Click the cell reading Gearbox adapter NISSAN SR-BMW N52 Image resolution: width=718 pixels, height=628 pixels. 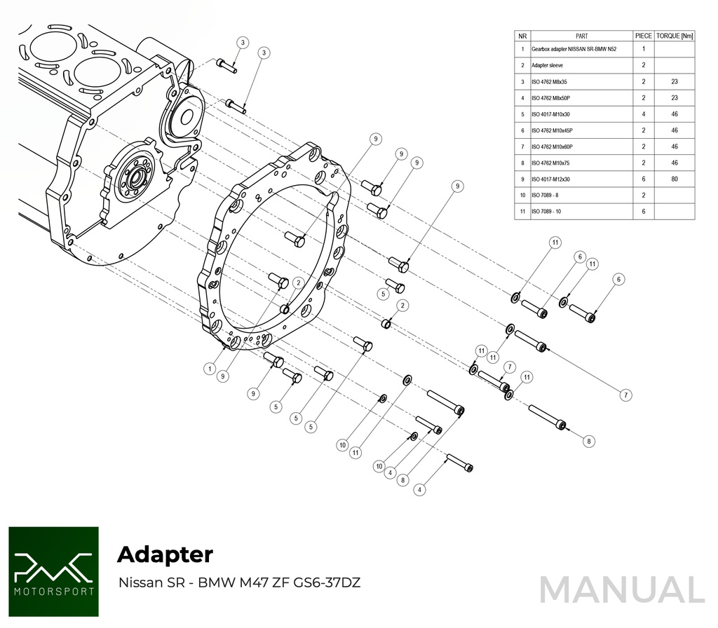(x=574, y=50)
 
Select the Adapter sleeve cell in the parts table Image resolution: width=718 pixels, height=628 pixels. (x=547, y=65)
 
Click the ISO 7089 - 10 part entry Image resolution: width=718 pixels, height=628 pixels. (x=547, y=211)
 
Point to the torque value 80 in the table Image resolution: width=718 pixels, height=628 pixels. (x=674, y=179)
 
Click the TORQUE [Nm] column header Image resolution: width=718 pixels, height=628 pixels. (x=674, y=36)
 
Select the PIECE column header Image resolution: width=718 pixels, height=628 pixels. (x=643, y=36)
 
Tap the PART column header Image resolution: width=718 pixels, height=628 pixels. (x=581, y=36)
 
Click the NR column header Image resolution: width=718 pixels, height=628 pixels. (x=522, y=36)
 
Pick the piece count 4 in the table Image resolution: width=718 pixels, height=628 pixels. (x=643, y=114)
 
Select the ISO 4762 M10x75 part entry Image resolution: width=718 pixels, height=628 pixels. (x=551, y=163)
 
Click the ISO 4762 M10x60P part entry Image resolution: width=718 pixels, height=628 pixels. (x=553, y=146)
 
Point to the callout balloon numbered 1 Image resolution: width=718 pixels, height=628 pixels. (x=209, y=367)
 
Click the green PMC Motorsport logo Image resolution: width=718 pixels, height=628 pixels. (x=53, y=571)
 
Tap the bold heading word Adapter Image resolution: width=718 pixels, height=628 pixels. (x=165, y=554)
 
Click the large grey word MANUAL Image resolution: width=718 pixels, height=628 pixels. (x=621, y=589)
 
